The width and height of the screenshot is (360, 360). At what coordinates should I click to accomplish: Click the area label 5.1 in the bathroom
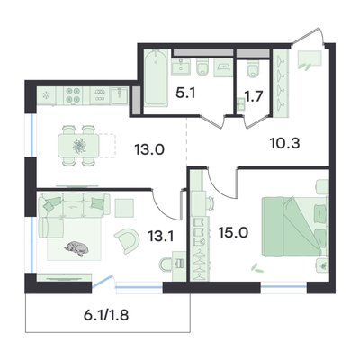[185, 94]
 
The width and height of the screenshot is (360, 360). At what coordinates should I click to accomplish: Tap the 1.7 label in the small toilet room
[254, 96]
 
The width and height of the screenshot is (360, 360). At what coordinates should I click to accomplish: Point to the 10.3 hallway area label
[284, 144]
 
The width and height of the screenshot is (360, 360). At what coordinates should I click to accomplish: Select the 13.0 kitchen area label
[149, 149]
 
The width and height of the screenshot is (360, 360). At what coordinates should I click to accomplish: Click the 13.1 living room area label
[161, 237]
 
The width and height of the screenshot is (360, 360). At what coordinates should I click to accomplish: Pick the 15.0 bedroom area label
[233, 233]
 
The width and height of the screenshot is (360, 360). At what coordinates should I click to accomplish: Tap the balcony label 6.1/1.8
[106, 315]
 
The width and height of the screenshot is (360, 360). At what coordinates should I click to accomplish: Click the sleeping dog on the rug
[76, 248]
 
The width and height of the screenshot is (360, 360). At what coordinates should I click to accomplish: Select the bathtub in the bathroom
[156, 78]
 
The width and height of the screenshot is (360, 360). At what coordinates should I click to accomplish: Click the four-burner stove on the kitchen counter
[73, 95]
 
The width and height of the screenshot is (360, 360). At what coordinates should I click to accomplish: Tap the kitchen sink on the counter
[120, 95]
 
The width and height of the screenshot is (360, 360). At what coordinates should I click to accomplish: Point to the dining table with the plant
[78, 146]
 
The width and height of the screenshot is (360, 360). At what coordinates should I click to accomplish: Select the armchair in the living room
[127, 240]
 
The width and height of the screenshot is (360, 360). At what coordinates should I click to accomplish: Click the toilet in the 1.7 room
[255, 69]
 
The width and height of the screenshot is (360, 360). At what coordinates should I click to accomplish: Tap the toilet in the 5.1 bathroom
[204, 67]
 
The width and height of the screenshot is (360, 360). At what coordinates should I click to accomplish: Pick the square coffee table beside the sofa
[124, 208]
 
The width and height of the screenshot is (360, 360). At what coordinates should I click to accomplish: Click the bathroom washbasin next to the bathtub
[181, 67]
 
